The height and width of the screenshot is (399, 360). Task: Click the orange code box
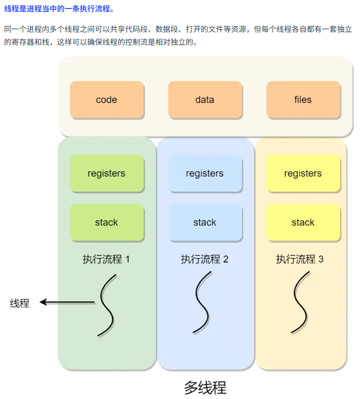(107, 100)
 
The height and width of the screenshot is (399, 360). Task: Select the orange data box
(205, 100)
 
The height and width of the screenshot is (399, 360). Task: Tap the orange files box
(303, 100)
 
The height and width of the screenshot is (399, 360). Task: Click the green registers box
(107, 173)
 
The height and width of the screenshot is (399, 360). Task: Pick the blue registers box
(205, 173)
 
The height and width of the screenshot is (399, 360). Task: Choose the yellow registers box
(303, 173)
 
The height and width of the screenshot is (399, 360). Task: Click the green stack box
(107, 222)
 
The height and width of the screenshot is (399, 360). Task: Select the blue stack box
(205, 222)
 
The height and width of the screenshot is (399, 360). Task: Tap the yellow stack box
(303, 222)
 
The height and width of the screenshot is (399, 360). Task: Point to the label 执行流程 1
(106, 259)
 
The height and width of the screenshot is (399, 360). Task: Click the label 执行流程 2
(204, 259)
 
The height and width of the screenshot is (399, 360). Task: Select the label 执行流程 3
(300, 259)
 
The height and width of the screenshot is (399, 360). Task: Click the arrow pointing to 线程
(67, 302)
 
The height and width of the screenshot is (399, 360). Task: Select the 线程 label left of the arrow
(20, 303)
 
